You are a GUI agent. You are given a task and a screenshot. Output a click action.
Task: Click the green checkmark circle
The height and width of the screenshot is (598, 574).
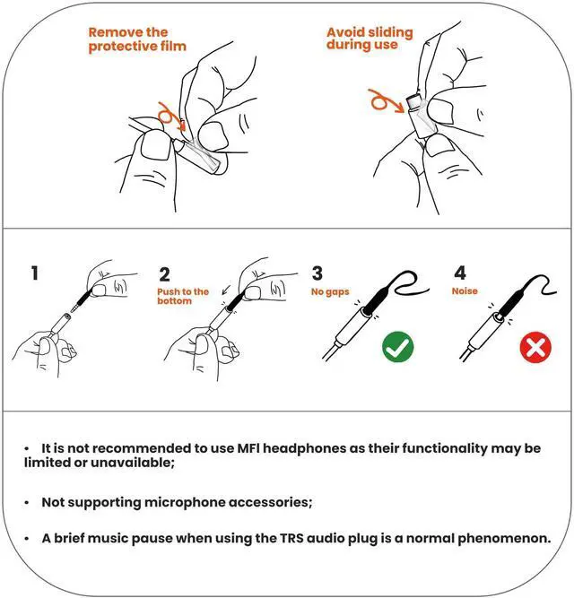(x=397, y=347)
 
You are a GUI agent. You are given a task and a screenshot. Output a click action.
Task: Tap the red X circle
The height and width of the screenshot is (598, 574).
(x=535, y=348)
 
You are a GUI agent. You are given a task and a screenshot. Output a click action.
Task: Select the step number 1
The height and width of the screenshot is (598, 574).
(x=35, y=273)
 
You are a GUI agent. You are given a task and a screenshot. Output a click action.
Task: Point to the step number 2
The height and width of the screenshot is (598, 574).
(x=164, y=274)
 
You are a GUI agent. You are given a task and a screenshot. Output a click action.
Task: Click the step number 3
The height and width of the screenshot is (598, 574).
(x=317, y=273)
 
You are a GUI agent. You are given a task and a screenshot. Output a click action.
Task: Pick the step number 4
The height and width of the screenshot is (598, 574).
(x=460, y=273)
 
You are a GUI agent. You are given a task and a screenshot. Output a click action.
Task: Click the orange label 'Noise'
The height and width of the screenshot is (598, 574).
(x=465, y=291)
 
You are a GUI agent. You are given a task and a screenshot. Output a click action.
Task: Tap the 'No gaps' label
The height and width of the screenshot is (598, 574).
(x=330, y=292)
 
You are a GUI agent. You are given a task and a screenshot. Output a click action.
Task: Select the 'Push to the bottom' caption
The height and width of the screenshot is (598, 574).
(x=183, y=297)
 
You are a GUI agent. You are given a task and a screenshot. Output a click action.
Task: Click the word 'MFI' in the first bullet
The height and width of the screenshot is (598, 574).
(x=248, y=448)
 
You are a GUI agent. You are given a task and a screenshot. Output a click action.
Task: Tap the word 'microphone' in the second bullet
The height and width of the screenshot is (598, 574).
(x=186, y=502)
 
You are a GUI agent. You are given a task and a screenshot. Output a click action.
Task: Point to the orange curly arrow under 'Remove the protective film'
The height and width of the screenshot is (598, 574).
(x=171, y=115)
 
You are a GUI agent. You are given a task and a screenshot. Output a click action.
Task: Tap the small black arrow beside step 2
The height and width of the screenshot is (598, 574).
(x=226, y=290)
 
